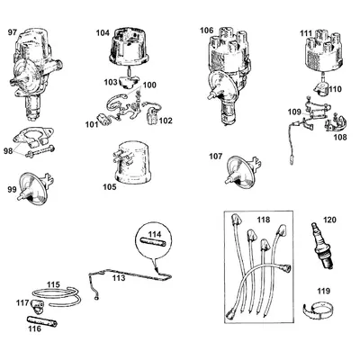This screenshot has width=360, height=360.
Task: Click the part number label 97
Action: click(12, 32)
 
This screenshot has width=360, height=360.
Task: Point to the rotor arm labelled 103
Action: click(129, 81)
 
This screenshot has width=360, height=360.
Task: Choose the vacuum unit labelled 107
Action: click(242, 170)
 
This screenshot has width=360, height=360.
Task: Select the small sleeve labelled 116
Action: click(42, 320)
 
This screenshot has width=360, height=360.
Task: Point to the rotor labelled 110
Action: click(322, 89)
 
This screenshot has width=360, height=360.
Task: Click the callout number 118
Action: click(264, 220)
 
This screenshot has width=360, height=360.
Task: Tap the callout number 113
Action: click(119, 278)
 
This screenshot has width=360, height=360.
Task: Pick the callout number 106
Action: click(207, 31)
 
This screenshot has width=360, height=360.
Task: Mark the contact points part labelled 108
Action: click(336, 123)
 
